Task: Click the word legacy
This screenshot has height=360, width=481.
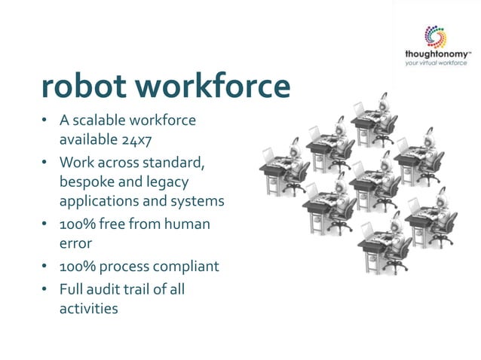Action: click(166, 182)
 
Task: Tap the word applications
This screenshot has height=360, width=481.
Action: click(98, 202)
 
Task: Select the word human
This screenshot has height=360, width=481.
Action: click(188, 224)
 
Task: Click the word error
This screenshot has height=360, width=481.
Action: click(75, 243)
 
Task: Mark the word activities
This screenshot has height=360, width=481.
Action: click(89, 307)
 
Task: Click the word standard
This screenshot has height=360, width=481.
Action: click(178, 163)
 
